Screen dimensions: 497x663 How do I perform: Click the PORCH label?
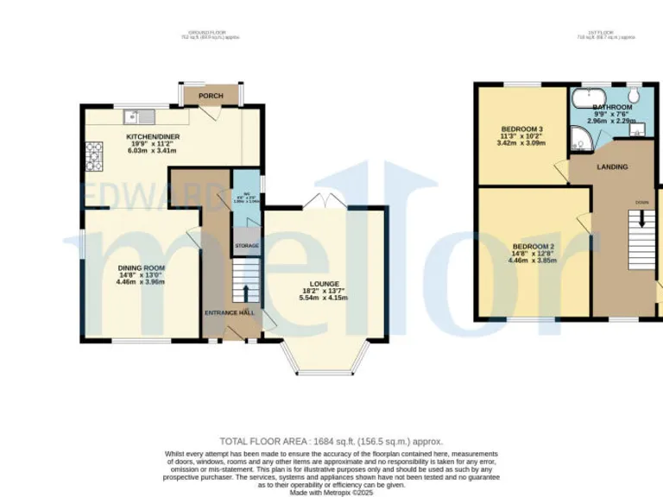211,96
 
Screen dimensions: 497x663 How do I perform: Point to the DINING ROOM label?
141,268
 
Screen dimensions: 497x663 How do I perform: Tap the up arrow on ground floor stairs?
245,293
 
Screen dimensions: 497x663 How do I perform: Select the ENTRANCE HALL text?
229,312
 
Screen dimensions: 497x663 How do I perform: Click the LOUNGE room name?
325,284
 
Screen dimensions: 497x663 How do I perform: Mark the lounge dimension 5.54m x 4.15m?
324,298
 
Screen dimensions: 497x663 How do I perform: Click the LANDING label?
612,167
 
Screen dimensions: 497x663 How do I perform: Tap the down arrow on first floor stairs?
641,223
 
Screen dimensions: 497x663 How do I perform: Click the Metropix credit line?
331,492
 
